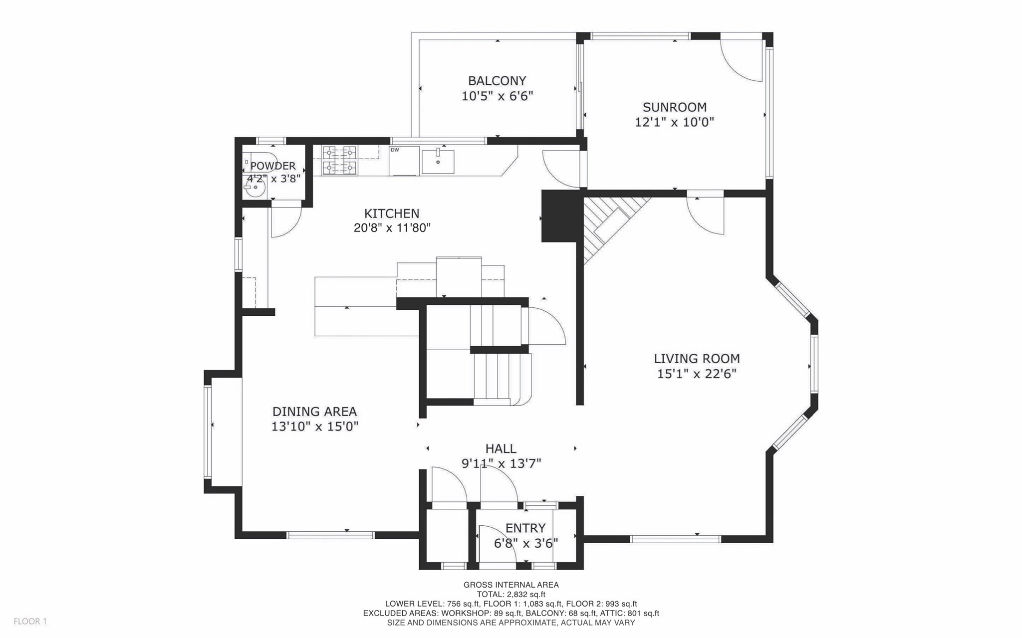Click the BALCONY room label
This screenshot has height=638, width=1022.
pyautogui.click(x=497, y=81)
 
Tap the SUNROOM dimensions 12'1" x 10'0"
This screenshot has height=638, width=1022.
pyautogui.click(x=674, y=122)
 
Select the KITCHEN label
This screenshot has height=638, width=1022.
pyautogui.click(x=392, y=213)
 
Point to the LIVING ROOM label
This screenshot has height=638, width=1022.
pyautogui.click(x=697, y=359)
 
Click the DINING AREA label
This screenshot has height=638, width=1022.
pyautogui.click(x=314, y=412)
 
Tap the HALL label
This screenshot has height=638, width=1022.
pyautogui.click(x=501, y=448)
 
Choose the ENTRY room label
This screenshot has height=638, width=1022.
pyautogui.click(x=525, y=528)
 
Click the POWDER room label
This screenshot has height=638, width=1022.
pyautogui.click(x=273, y=166)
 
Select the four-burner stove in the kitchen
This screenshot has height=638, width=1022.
pyautogui.click(x=340, y=160)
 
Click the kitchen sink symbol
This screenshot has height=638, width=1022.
pyautogui.click(x=438, y=161)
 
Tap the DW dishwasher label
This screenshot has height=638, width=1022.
pyautogui.click(x=395, y=150)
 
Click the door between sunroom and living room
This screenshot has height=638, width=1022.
pyautogui.click(x=706, y=214)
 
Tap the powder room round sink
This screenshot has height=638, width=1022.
pyautogui.click(x=255, y=188)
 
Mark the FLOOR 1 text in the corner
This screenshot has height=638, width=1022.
pyautogui.click(x=30, y=622)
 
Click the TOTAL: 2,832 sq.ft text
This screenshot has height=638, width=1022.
pyautogui.click(x=511, y=594)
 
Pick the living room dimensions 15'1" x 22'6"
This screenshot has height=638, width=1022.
pyautogui.click(x=697, y=374)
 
